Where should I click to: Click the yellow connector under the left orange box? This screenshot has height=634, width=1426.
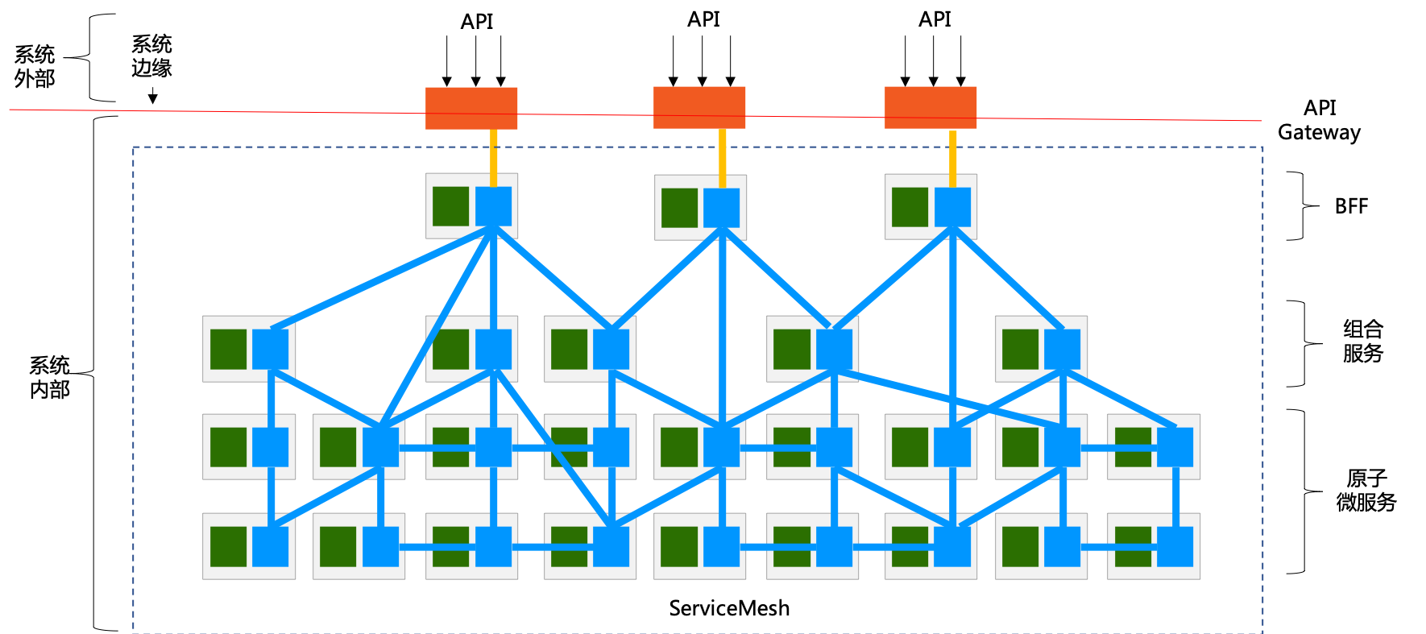click(x=494, y=158)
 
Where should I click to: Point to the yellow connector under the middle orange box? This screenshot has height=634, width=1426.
click(x=723, y=158)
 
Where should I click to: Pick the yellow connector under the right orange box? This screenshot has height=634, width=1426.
click(x=953, y=158)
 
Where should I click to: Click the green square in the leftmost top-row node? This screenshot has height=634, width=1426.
click(x=450, y=206)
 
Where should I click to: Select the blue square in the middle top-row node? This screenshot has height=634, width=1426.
click(x=721, y=208)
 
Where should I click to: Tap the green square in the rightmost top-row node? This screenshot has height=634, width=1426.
click(x=910, y=207)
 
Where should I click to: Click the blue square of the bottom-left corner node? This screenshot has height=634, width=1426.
click(x=270, y=546)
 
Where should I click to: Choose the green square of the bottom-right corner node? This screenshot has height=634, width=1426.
click(x=1133, y=546)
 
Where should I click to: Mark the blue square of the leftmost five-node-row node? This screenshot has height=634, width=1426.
click(x=270, y=349)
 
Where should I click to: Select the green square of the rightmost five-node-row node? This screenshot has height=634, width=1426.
click(x=1020, y=349)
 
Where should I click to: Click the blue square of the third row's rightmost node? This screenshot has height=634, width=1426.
click(x=1175, y=447)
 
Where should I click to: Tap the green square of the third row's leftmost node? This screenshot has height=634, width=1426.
click(x=228, y=447)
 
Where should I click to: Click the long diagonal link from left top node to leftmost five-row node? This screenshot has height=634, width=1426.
click(x=379, y=279)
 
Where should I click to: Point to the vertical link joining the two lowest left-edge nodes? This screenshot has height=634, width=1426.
click(x=271, y=497)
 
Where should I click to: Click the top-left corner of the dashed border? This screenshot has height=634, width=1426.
click(x=134, y=147)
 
